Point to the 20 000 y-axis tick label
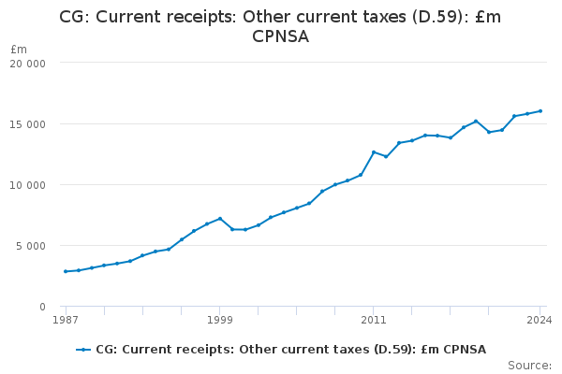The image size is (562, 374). click(27, 64)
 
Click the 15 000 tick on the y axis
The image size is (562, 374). click(27, 124)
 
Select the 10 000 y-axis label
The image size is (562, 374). click(27, 185)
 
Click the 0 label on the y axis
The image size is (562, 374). click(43, 307)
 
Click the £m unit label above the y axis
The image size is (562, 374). click(19, 49)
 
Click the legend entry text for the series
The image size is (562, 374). click(290, 350)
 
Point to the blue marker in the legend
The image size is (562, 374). click(83, 350)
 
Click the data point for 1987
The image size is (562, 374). click(66, 271)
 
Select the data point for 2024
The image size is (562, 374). click(540, 111)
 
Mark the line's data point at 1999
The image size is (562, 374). click(220, 219)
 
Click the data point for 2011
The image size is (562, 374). click(373, 152)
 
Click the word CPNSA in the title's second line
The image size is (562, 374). click(280, 37)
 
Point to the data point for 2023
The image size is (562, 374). click(527, 114)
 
